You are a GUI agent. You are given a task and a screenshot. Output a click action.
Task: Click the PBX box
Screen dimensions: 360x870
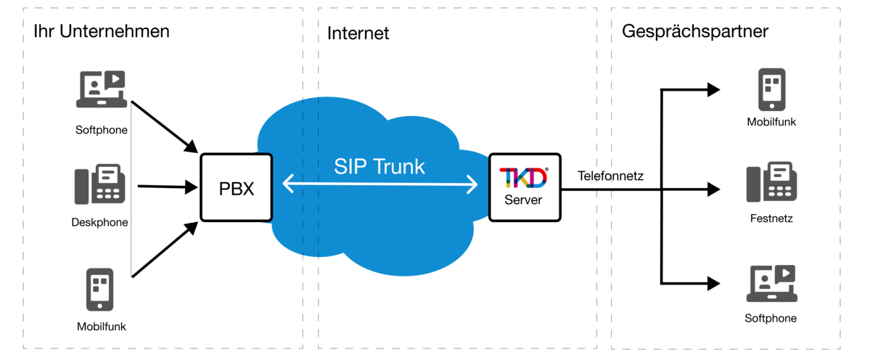tap(236, 187)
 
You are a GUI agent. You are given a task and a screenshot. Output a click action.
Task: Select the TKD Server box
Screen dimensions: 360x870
tap(524, 187)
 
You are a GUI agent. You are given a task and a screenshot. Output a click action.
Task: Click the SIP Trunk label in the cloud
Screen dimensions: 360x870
tap(379, 165)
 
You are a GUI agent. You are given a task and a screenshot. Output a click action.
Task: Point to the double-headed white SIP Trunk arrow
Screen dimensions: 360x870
tap(379, 186)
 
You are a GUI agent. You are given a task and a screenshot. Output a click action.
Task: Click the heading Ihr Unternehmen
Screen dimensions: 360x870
tap(102, 32)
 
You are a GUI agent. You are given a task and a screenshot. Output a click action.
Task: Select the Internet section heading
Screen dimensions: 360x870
tap(358, 33)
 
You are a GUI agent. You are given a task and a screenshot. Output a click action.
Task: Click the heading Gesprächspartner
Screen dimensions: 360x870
tap(695, 32)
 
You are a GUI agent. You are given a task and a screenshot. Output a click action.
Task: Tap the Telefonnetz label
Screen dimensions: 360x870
tap(610, 176)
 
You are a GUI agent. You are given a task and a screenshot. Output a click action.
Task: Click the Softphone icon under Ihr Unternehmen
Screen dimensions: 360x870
tap(102, 89)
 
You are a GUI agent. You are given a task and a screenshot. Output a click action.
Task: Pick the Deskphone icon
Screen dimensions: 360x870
tap(100, 184)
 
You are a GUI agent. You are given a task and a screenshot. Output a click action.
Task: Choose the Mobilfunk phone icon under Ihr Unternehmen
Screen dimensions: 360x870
tap(100, 289)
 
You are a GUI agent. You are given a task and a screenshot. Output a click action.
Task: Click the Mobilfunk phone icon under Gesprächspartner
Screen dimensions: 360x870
tap(771, 89)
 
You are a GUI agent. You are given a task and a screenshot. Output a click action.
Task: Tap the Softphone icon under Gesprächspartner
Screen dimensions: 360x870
tap(772, 284)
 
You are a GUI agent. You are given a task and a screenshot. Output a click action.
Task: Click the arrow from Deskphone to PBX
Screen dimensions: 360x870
tap(167, 187)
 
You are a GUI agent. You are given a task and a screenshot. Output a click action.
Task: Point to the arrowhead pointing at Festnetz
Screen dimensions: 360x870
tap(713, 191)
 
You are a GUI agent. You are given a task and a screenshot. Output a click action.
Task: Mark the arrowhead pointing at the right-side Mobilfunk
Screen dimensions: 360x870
tap(713, 90)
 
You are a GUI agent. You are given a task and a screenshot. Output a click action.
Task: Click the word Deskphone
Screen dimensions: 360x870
tap(100, 223)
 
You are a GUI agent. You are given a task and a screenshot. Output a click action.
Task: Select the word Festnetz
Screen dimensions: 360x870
tap(771, 218)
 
